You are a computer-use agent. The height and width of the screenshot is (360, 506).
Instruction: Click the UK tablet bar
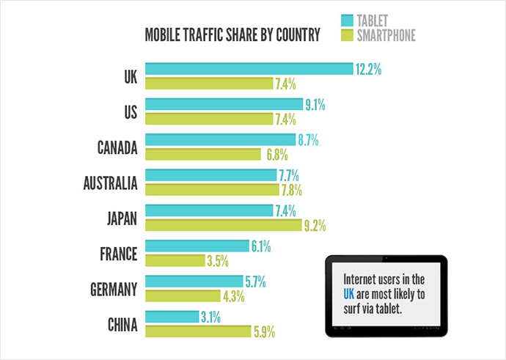[x=249, y=69]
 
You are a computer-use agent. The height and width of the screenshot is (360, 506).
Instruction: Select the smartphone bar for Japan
[x=223, y=225]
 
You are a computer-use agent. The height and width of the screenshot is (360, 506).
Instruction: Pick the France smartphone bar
[x=175, y=260]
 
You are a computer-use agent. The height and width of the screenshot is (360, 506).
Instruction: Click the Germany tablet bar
[x=194, y=282]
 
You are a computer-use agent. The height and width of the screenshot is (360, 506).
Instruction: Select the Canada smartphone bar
[x=203, y=154]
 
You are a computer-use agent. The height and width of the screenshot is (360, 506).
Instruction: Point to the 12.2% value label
[x=369, y=70]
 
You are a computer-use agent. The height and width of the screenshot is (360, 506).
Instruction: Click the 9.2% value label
[x=315, y=225]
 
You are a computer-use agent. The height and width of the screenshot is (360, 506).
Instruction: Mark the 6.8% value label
[x=275, y=155]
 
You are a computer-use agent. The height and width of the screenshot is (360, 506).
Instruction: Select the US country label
[x=129, y=112]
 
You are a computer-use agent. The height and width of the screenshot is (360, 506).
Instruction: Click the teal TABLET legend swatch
[x=347, y=20]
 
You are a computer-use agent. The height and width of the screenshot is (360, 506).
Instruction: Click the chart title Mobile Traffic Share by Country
[x=232, y=35]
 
